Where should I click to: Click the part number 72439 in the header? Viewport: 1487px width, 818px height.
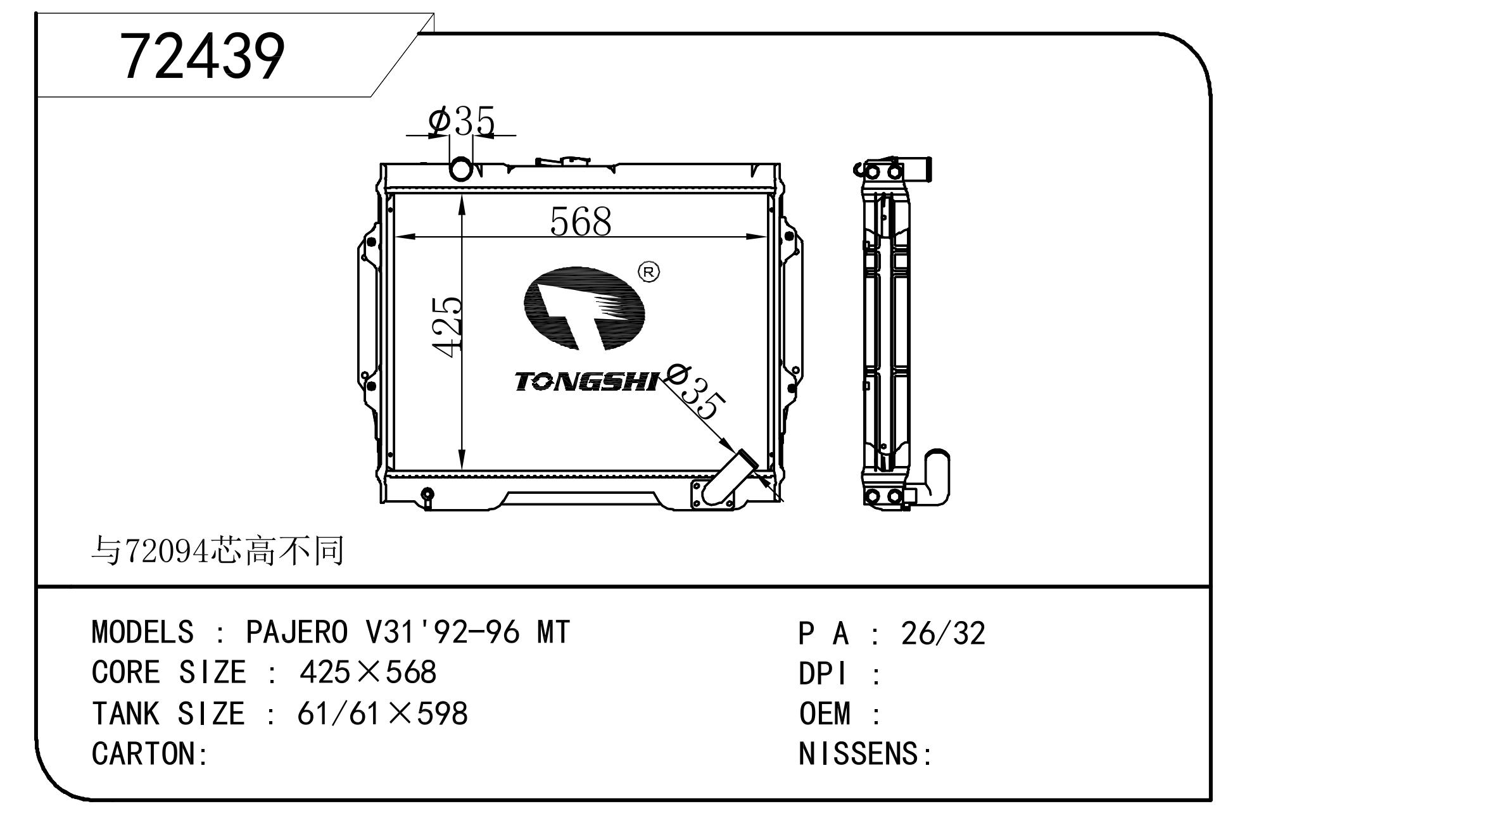203,57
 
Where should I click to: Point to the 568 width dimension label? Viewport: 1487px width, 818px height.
581,222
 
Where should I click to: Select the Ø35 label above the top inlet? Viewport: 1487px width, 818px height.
461,122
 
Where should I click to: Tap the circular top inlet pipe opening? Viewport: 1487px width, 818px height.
461,169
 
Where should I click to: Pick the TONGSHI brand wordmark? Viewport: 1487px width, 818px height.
586,382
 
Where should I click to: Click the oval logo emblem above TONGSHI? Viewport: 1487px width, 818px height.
584,308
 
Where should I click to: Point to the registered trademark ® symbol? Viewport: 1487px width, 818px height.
649,272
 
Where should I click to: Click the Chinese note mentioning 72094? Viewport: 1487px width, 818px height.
218,551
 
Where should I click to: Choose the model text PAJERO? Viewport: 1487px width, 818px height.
297,632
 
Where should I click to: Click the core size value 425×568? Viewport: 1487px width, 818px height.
368,672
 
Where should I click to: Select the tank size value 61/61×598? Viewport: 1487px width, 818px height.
383,714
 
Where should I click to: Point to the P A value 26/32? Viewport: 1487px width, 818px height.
943,633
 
